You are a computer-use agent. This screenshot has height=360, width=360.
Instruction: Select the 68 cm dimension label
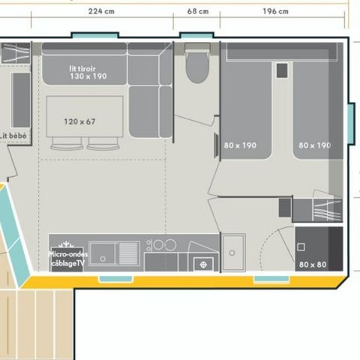coord(197,11)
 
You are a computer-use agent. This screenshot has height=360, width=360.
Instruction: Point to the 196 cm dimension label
coord(276,11)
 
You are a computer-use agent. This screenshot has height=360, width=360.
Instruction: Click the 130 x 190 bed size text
coord(88,76)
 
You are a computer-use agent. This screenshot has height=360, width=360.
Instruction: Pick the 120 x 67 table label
coord(79,121)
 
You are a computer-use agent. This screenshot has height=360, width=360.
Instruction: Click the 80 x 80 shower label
coord(313,264)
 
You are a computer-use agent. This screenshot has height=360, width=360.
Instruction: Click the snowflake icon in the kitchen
coord(65,244)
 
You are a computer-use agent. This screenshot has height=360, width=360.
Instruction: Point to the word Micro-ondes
coord(67,254)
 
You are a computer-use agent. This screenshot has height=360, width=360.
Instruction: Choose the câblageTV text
coord(67,263)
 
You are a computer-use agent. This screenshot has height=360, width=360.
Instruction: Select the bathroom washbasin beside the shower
coord(232,253)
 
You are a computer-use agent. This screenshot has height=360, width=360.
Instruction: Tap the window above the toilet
coord(196,34)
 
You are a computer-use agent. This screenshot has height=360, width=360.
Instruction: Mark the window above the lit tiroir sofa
coord(88,34)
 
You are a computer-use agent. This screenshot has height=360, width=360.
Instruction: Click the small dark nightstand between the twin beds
coord(282,70)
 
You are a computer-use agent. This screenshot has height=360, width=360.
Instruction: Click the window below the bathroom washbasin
coord(270,280)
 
